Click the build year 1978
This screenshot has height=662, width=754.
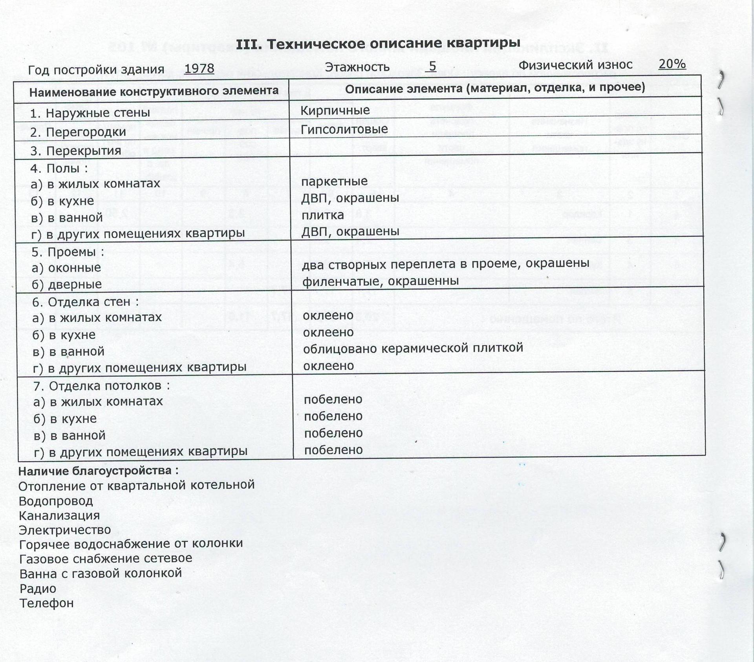click(199, 68)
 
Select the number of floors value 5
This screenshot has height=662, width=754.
click(432, 66)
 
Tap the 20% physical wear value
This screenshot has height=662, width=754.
click(672, 64)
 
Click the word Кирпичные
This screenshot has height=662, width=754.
click(335, 110)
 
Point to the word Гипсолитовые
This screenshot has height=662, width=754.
click(344, 129)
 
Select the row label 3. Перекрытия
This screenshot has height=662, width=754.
click(75, 151)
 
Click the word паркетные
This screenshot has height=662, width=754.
click(334, 181)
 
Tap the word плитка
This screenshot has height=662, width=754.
click(322, 215)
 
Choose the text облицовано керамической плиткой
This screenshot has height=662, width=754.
click(413, 348)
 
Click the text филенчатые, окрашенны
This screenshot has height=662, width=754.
click(380, 281)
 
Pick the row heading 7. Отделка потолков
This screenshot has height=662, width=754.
click(101, 386)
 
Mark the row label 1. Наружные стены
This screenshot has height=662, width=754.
click(90, 113)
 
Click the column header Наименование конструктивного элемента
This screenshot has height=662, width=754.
click(154, 92)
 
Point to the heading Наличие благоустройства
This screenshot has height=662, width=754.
click(98, 471)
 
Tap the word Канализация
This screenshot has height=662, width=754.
click(59, 515)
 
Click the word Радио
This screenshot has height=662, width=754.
click(38, 589)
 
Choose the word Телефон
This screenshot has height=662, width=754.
click(46, 603)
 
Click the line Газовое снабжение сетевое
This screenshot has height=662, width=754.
click(106, 558)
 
